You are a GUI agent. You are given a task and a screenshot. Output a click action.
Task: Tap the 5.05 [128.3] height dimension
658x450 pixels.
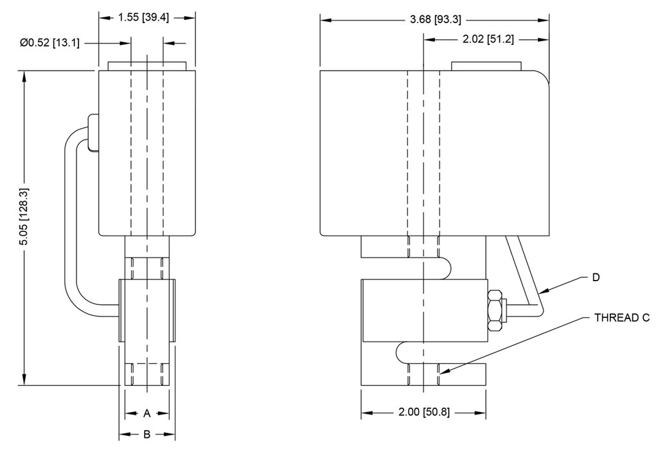tap(24, 218)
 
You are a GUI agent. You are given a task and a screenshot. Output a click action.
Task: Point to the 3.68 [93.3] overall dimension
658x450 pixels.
tap(435, 20)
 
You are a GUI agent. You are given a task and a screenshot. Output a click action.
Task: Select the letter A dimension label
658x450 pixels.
tap(147, 413)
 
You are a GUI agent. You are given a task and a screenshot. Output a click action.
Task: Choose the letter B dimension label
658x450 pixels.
tap(147, 435)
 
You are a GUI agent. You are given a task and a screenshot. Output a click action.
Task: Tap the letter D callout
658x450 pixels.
tap(596, 278)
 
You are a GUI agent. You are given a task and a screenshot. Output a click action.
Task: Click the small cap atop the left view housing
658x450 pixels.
tap(147, 65)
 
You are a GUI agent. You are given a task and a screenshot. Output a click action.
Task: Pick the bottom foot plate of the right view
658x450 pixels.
tap(423, 376)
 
